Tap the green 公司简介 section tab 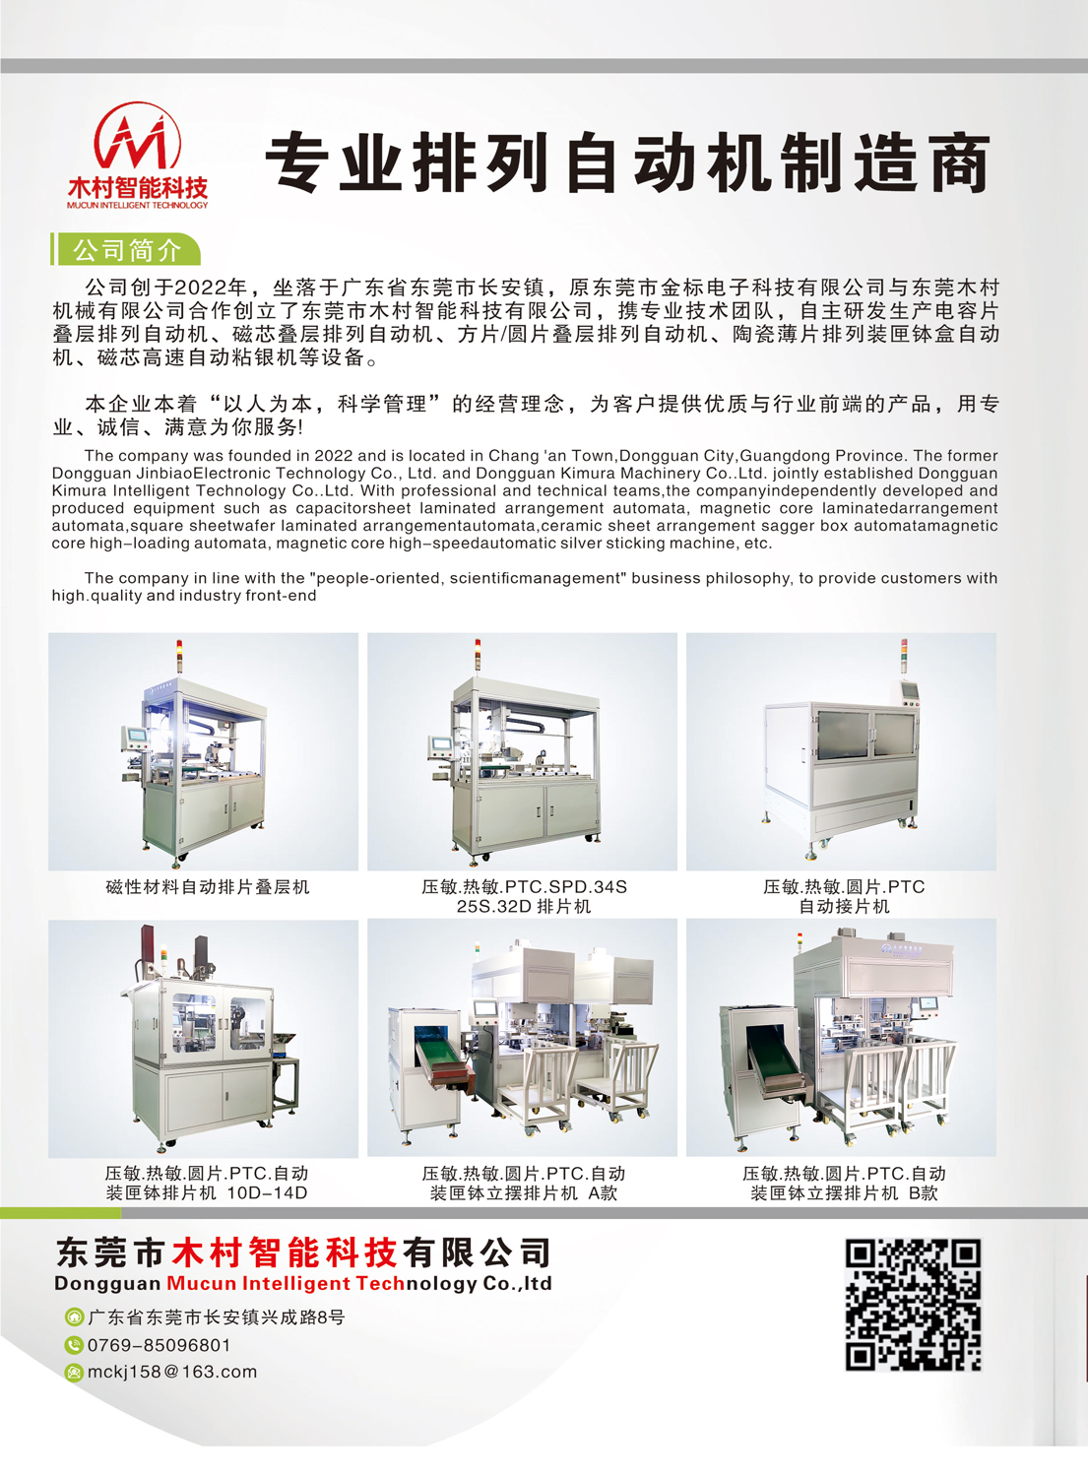pyautogui.click(x=126, y=250)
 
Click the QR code pyautogui.click(x=914, y=1305)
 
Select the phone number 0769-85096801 pyautogui.click(x=159, y=1345)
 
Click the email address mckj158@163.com pyautogui.click(x=172, y=1372)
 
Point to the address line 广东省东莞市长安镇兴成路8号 pyautogui.click(x=217, y=1317)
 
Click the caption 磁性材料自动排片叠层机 pyautogui.click(x=207, y=887)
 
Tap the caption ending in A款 pyautogui.click(x=524, y=1183)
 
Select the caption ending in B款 pyautogui.click(x=844, y=1183)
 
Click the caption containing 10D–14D pyautogui.click(x=207, y=1183)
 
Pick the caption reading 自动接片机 pyautogui.click(x=844, y=907)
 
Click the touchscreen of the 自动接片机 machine pyautogui.click(x=908, y=691)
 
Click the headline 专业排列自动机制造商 pyautogui.click(x=628, y=162)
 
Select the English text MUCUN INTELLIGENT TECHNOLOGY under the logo pyautogui.click(x=137, y=205)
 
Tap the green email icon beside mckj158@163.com pyautogui.click(x=73, y=1373)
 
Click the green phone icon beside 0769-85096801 pyautogui.click(x=73, y=1345)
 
